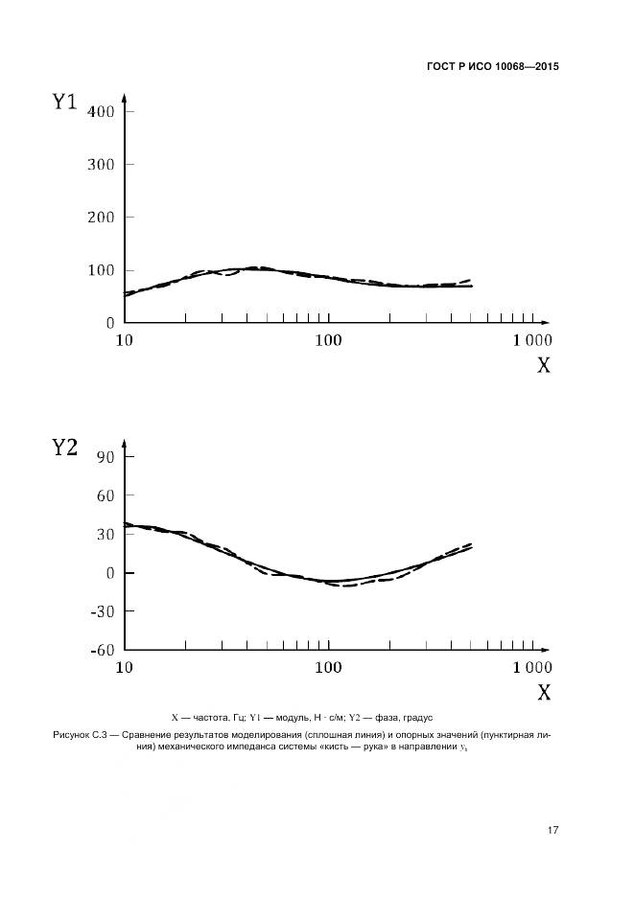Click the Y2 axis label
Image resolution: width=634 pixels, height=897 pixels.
point(64,447)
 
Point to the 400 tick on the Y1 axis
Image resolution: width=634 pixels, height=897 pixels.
point(101,111)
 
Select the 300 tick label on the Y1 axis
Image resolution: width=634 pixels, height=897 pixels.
point(101,164)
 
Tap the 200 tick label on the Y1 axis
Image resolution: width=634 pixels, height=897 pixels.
point(101,217)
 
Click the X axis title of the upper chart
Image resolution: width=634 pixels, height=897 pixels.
point(543,365)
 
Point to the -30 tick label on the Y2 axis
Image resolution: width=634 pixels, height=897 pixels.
point(103,611)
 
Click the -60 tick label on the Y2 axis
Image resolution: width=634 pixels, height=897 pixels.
point(103,650)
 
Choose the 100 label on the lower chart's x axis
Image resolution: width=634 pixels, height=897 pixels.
point(329,668)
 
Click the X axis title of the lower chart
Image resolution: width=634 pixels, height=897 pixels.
point(543,692)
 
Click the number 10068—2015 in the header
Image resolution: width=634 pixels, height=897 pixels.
point(525,67)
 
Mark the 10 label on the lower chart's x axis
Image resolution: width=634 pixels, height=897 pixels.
point(125,668)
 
